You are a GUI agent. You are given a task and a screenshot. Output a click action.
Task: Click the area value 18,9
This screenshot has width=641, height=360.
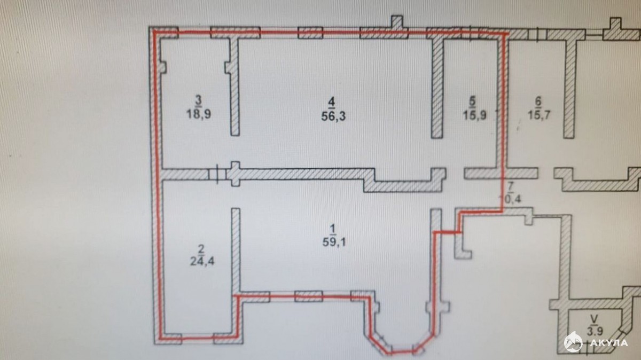199,114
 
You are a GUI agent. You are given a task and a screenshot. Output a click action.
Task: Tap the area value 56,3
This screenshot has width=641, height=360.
333,116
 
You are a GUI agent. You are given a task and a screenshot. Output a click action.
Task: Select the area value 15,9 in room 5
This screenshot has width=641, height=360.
475,115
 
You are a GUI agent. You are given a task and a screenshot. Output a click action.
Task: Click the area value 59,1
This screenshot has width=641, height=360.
334,242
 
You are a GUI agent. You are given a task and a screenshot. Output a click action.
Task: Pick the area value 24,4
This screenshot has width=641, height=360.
202,261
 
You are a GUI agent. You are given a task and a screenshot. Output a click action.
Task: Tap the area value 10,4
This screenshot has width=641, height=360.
510,199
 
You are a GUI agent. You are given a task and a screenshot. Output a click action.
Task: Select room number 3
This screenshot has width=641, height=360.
198,100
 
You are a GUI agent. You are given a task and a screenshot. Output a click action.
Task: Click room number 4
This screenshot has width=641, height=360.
332,103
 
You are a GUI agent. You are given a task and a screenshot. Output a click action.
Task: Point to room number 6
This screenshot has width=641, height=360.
538,101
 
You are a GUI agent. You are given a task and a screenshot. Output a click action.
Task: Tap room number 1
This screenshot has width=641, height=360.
332,229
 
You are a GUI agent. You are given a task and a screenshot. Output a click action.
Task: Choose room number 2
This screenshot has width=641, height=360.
201,249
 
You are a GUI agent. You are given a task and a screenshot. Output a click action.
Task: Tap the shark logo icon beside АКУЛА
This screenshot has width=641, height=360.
573,342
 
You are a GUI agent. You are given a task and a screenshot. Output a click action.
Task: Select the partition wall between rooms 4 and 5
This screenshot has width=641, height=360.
437,88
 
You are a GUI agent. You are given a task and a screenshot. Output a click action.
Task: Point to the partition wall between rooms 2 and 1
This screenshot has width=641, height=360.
236,252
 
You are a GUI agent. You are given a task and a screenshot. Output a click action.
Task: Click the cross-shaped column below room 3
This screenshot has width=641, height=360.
235,174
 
